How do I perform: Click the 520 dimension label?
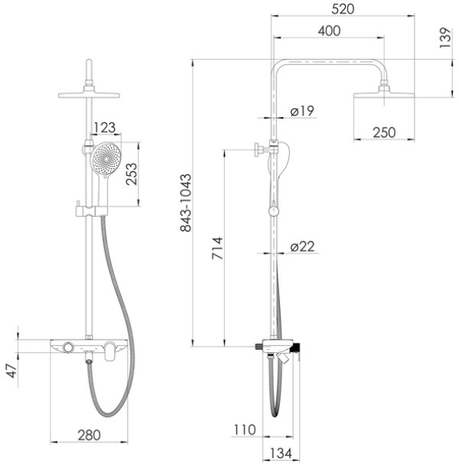tap(343, 9)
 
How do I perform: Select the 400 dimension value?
tap(329, 31)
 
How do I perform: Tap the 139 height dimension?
tap(445, 37)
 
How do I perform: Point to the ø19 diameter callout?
tap(302, 111)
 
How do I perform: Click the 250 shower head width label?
tap(384, 133)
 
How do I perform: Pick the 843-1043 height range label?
tap(186, 202)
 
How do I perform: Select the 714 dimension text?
tap(217, 248)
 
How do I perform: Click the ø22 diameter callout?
tap(302, 247)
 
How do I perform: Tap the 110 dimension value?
tap(245, 430)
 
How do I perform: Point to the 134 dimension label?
tap(281, 454)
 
